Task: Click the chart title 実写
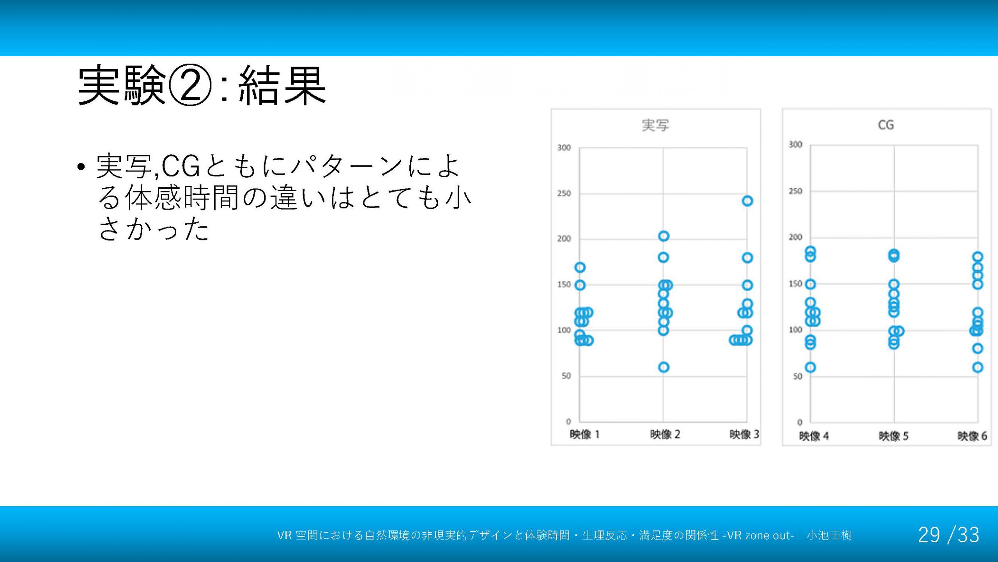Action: [x=655, y=125]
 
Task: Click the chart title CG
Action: [x=886, y=125]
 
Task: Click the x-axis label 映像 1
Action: [x=584, y=434]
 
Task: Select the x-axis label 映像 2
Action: [x=665, y=434]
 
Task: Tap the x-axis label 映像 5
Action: [x=894, y=436]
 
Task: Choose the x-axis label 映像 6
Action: [x=972, y=436]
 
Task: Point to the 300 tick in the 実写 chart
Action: [x=564, y=148]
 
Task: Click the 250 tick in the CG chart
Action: [x=795, y=191]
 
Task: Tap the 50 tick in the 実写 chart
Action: [x=566, y=376]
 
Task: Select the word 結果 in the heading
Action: [x=282, y=85]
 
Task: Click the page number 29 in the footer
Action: [x=929, y=535]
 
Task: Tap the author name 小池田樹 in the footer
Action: [x=830, y=535]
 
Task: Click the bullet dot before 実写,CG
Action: [x=81, y=167]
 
